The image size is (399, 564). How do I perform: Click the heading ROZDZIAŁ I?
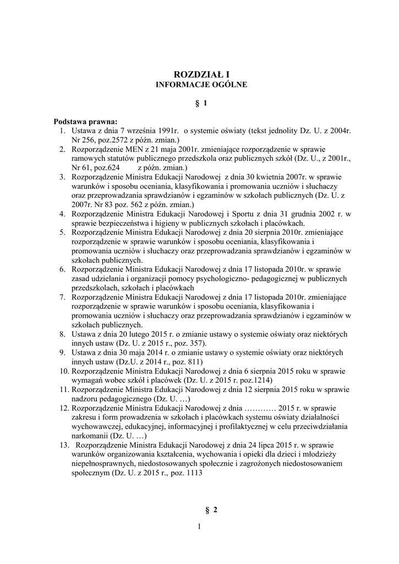click(x=200, y=74)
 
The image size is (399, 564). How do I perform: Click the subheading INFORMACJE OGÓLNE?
click(x=200, y=85)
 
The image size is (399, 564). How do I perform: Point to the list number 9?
click(x=62, y=352)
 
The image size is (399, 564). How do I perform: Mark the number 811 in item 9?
click(x=196, y=362)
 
